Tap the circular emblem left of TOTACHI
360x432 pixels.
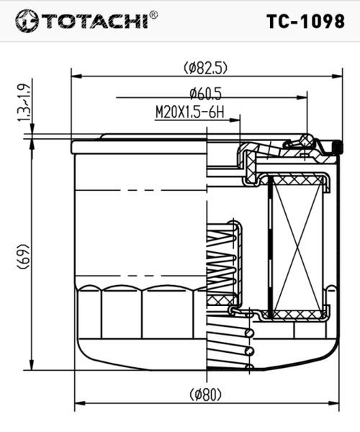(26, 21)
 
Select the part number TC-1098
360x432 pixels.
(306, 21)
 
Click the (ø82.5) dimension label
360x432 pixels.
(205, 68)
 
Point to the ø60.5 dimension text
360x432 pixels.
(205, 94)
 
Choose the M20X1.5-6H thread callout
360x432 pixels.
(189, 112)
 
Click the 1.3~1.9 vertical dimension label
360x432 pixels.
(24, 102)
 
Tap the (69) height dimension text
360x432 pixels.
(22, 256)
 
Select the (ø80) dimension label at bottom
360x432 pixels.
(205, 395)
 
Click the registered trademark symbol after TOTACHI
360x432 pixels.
(153, 14)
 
